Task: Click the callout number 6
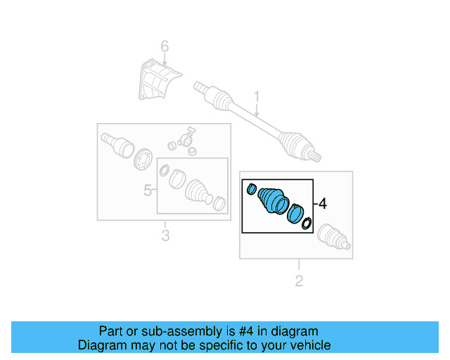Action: pyautogui.click(x=165, y=46)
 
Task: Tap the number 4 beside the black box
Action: pyautogui.click(x=322, y=204)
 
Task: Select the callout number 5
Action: pyautogui.click(x=148, y=190)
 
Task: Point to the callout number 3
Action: pyautogui.click(x=165, y=236)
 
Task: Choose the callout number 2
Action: pyautogui.click(x=299, y=281)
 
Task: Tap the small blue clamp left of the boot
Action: pyautogui.click(x=251, y=188)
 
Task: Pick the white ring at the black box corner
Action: pyautogui.click(x=306, y=224)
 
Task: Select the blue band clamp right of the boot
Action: pyautogui.click(x=295, y=213)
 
